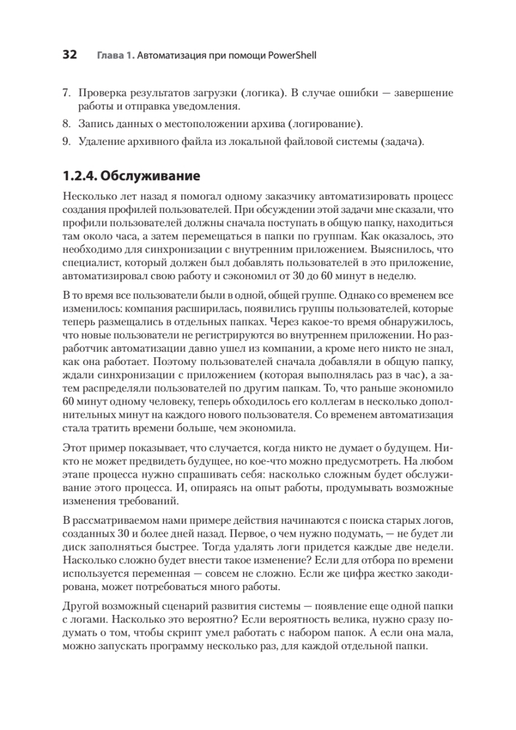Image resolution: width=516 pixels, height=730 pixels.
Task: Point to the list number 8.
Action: coord(67,125)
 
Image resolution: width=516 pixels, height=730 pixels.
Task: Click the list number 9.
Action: coord(67,142)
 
